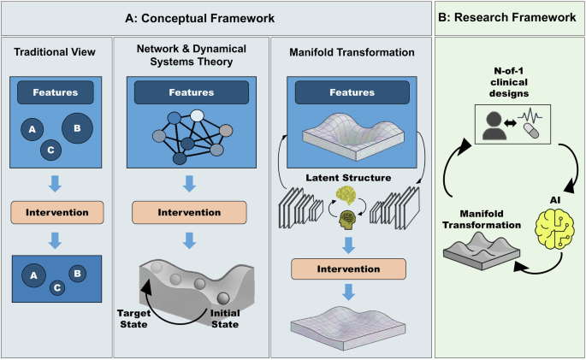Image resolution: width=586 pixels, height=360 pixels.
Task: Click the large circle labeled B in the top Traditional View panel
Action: pos(78,129)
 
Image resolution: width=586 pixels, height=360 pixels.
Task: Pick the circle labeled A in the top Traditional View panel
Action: pos(32,130)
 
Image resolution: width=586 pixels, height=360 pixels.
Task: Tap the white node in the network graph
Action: pos(198,115)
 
